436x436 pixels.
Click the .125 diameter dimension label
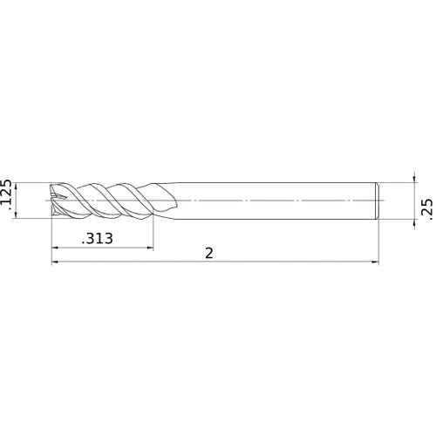point(9,196)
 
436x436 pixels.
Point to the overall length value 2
point(209,253)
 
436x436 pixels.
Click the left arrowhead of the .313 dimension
point(55,247)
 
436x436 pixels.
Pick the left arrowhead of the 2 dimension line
point(55,261)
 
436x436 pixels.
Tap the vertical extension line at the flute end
point(153,231)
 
